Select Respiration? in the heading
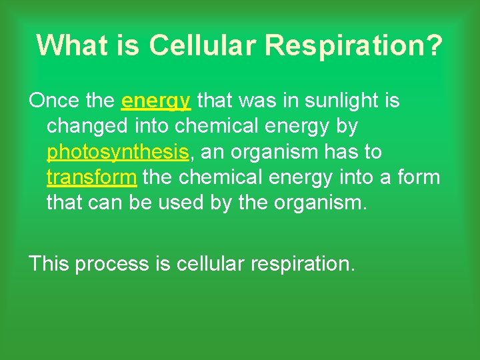353,45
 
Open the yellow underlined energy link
157,102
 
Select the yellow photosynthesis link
118,153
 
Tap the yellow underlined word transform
92,178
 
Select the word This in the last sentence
49,264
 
